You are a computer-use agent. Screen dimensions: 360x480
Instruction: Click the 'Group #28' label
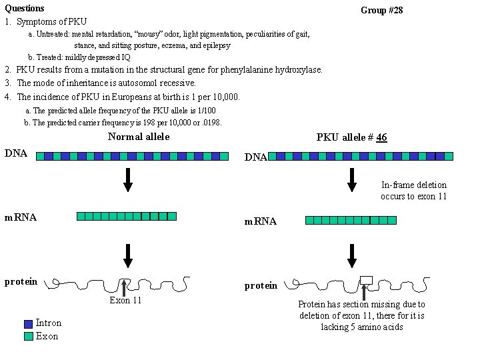point(381,10)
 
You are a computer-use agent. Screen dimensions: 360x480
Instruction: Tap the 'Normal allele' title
point(139,137)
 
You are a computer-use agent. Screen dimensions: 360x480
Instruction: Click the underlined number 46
point(381,137)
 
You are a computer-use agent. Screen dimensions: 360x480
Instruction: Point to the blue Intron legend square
point(28,323)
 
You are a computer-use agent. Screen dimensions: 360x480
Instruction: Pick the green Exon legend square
point(28,337)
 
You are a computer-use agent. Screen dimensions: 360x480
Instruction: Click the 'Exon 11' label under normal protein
point(125,301)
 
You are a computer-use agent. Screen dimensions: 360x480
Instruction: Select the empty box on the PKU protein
point(366,279)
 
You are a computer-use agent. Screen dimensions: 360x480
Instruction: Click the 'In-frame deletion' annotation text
point(414,185)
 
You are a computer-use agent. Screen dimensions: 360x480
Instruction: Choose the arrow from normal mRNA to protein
point(128,255)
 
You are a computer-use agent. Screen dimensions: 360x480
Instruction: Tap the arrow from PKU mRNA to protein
point(351,255)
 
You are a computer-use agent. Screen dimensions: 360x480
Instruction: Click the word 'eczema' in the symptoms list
point(176,45)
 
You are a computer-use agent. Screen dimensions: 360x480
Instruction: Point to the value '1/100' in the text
point(205,111)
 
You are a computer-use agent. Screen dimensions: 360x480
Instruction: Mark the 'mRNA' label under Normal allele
point(21,217)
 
